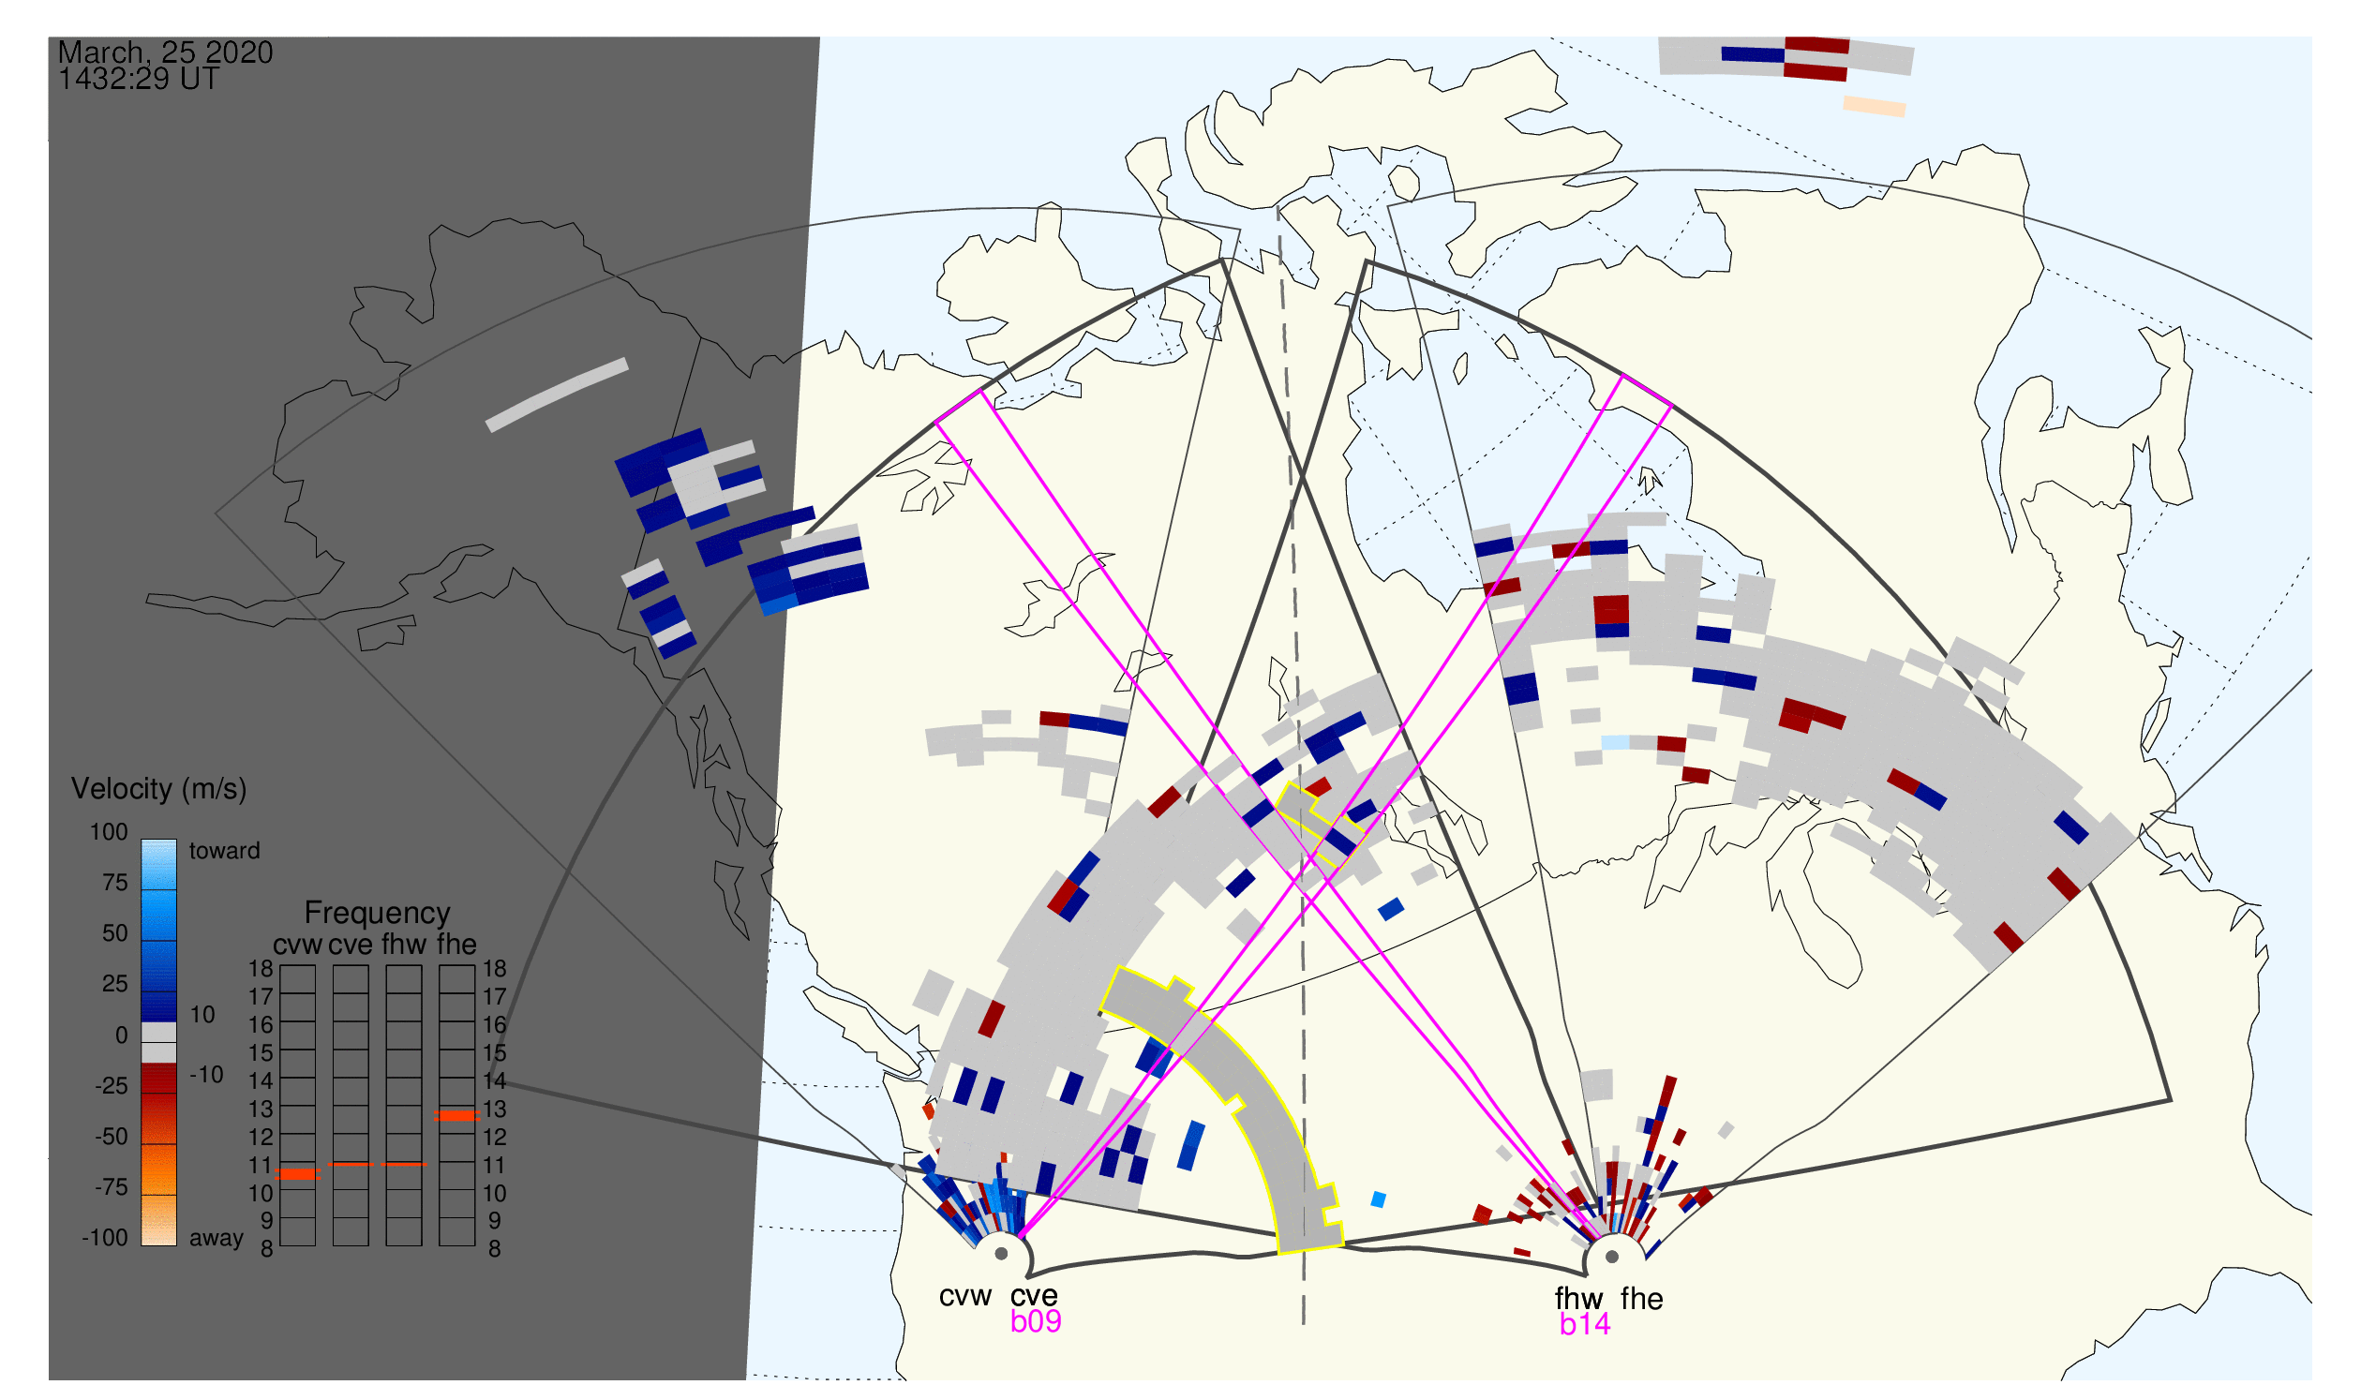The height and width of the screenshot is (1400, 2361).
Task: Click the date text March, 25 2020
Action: click(165, 52)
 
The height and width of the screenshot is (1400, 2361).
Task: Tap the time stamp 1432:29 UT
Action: click(139, 80)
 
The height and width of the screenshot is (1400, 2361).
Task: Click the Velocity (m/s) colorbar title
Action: click(159, 790)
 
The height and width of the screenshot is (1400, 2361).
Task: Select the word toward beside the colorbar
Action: click(225, 851)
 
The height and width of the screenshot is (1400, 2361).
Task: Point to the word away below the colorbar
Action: click(217, 1239)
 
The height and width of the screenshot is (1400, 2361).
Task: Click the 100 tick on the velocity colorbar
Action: click(109, 832)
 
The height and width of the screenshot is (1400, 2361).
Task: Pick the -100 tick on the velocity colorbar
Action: click(104, 1238)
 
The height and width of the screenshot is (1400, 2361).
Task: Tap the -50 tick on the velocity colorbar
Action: click(111, 1137)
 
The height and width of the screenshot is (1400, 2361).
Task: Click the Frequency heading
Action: click(378, 914)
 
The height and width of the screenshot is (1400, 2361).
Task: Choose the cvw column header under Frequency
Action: click(297, 946)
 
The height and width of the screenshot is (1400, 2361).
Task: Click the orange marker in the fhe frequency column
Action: click(456, 1116)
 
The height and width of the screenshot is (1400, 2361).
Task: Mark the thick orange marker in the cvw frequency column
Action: click(298, 1174)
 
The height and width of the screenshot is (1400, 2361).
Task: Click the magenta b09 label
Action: click(1036, 1321)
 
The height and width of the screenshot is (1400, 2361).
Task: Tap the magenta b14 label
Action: click(1585, 1325)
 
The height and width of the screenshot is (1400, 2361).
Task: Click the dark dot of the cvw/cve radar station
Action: click(1001, 1255)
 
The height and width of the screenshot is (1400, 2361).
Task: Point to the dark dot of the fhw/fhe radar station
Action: click(1613, 1258)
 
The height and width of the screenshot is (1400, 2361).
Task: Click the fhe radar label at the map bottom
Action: click(1642, 1299)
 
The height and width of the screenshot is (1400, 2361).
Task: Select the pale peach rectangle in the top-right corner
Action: click(1874, 107)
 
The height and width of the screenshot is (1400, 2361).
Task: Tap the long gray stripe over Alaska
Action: click(557, 395)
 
